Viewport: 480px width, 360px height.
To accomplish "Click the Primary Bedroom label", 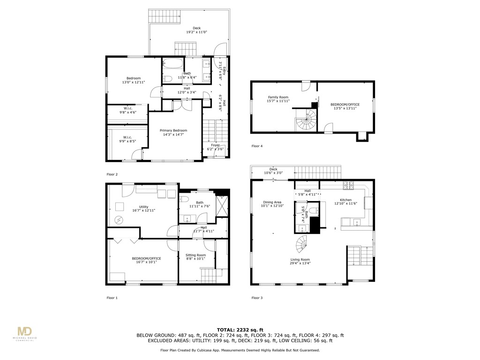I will [x=173, y=130].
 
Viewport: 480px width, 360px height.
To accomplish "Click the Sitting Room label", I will [x=195, y=255].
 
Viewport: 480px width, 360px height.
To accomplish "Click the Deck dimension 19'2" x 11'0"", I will [x=196, y=32].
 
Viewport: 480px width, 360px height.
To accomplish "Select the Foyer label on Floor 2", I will [x=215, y=145].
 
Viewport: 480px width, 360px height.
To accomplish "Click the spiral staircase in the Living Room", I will [x=303, y=244].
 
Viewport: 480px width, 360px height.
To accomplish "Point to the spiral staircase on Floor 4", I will [x=305, y=121].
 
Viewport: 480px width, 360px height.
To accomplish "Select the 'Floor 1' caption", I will [x=112, y=298].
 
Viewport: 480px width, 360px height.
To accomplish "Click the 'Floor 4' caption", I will [x=257, y=146].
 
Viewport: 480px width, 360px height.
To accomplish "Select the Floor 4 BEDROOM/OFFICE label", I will [x=345, y=105].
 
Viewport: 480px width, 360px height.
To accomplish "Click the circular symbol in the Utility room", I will [x=119, y=220].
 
